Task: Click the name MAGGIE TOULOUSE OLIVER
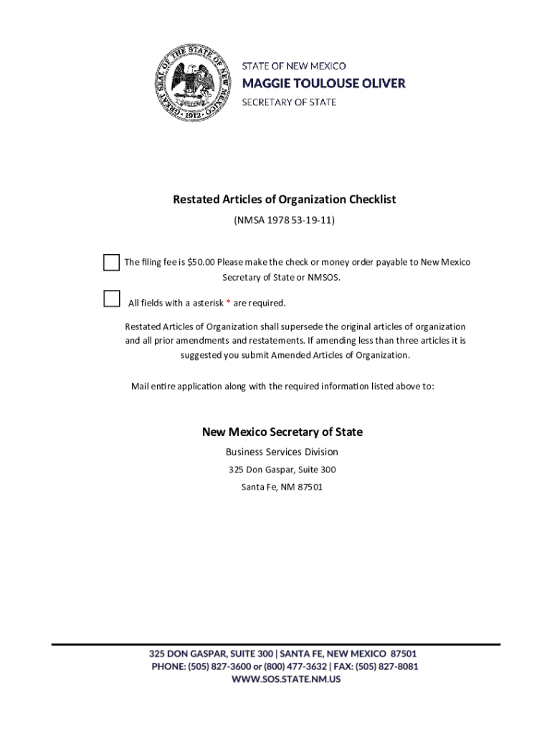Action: [323, 84]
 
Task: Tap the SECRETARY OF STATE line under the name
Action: [289, 102]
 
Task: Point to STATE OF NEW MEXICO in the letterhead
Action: [293, 66]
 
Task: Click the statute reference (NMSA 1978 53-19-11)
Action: [284, 220]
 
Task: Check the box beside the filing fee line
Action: [111, 262]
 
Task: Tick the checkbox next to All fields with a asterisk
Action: [111, 298]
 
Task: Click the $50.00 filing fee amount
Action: [201, 262]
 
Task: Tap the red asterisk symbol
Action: [228, 302]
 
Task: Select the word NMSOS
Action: [325, 277]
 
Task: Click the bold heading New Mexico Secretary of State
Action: [282, 432]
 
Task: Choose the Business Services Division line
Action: [282, 452]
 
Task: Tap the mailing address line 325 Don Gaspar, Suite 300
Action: [282, 470]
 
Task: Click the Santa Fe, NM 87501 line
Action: [282, 487]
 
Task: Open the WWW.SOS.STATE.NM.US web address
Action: [285, 679]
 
